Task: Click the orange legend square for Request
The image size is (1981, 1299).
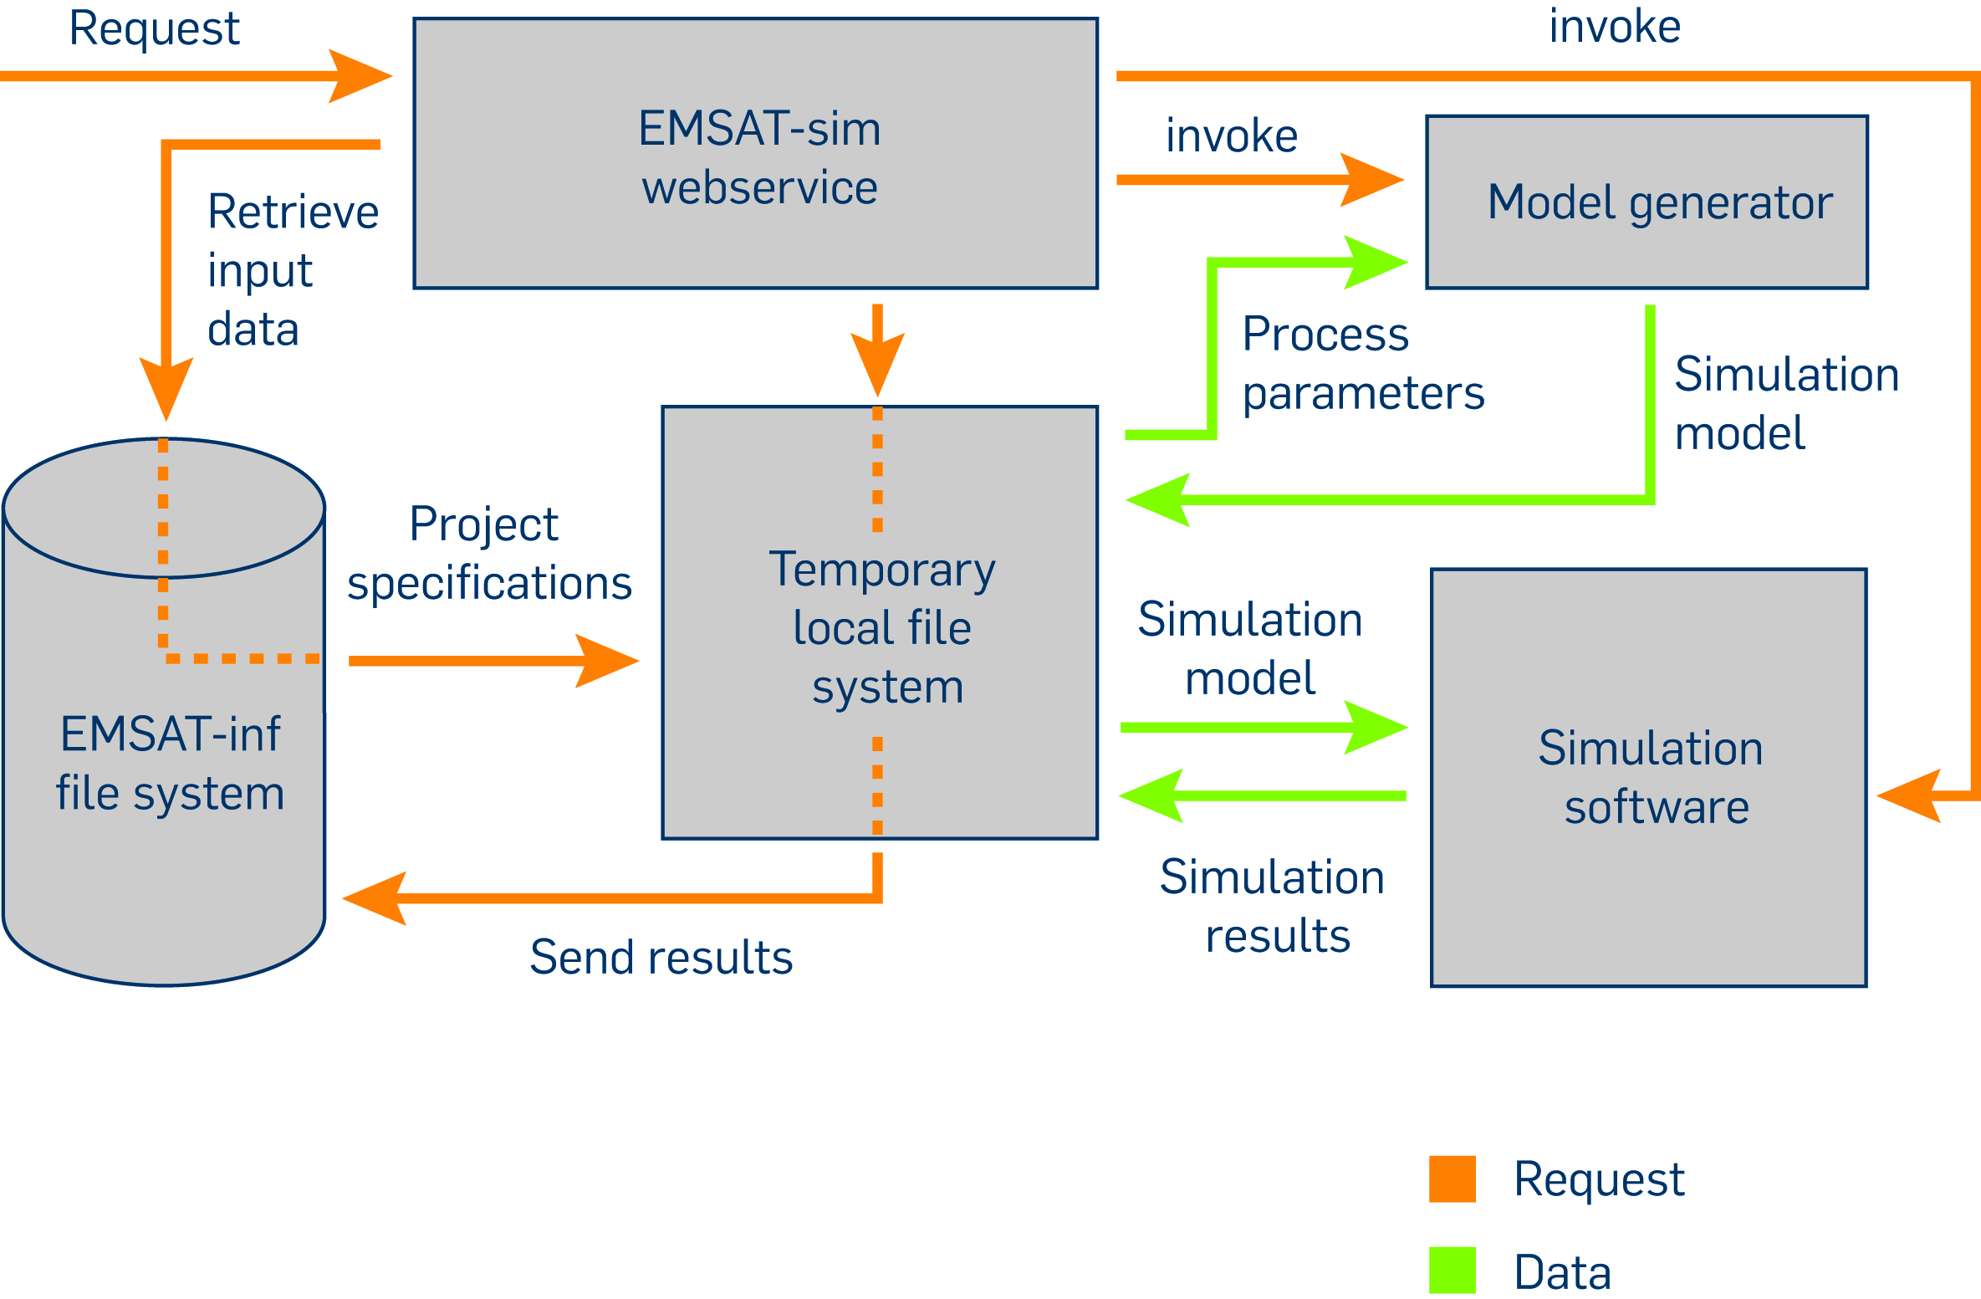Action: [1453, 1179]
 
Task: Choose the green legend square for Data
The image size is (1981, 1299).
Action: [1453, 1270]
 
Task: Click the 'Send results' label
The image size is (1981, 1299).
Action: [661, 957]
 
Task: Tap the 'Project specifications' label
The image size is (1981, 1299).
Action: [489, 554]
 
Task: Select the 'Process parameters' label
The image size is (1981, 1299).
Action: [1363, 363]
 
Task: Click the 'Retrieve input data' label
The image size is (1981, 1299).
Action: [293, 269]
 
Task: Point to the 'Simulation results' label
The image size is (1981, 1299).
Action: [1272, 906]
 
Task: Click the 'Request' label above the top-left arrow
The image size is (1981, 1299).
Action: [154, 28]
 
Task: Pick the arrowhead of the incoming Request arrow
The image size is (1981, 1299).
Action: [360, 76]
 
